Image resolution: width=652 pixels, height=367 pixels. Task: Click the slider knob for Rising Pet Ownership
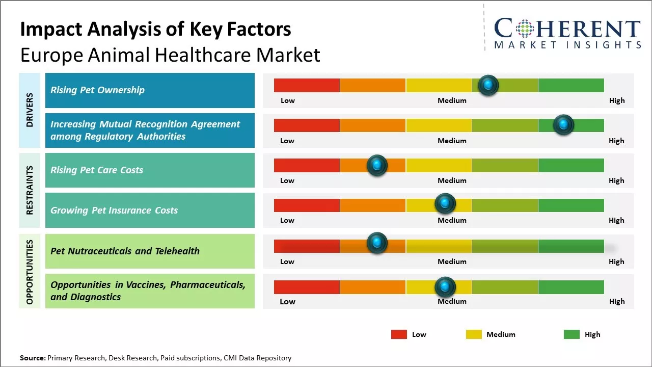488,85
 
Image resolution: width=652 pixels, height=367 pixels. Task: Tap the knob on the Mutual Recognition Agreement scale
563,125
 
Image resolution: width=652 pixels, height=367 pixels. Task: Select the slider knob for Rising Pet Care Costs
377,165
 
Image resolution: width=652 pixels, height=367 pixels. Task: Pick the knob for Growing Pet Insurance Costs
445,204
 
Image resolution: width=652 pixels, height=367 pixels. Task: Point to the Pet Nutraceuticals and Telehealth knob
377,243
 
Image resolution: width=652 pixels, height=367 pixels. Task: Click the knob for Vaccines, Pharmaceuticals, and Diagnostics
445,287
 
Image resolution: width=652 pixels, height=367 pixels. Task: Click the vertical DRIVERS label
30,110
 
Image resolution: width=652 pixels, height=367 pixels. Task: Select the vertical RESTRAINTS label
30,190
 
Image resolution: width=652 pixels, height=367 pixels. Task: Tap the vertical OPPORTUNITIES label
30,272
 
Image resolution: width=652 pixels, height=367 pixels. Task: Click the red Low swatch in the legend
399,334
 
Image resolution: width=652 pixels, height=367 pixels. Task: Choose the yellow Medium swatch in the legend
474,334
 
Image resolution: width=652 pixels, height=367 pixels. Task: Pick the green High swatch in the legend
572,334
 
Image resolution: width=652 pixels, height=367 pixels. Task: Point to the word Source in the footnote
32,358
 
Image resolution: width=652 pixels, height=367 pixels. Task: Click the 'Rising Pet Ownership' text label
97,90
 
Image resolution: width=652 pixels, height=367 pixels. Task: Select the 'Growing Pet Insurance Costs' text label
114,211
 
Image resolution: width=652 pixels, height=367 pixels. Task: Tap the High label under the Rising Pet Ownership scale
616,100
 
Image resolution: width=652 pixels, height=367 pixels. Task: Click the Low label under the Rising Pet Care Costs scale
287,180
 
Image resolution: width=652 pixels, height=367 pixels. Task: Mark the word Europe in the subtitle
50,55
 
